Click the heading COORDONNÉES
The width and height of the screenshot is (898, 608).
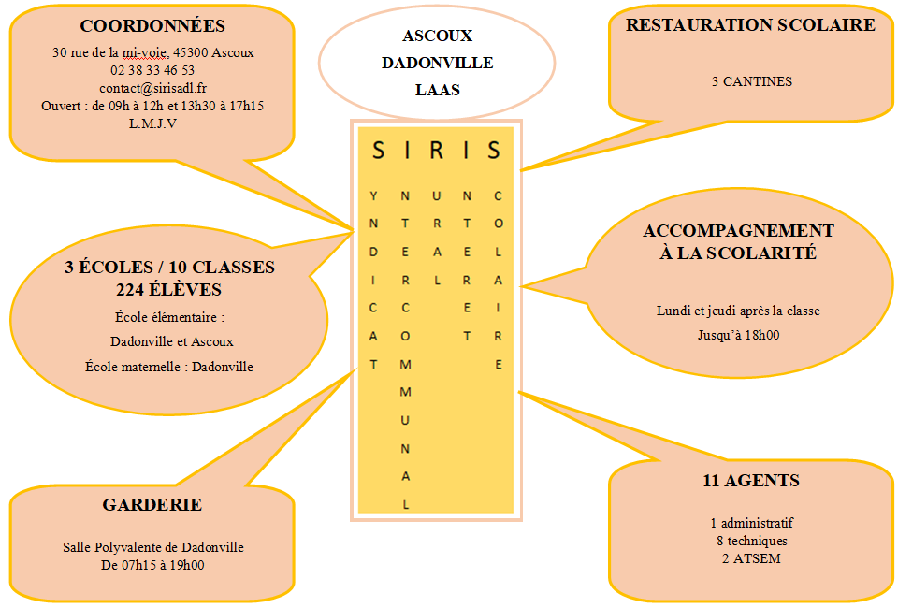click(152, 26)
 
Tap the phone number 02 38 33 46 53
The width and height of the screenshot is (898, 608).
click(152, 70)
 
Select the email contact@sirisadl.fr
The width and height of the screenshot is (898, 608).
click(152, 88)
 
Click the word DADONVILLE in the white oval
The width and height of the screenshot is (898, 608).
click(437, 63)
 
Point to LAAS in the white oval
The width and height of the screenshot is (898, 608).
click(437, 90)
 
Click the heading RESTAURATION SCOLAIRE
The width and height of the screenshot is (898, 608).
click(750, 25)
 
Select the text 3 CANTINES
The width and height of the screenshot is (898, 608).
click(751, 81)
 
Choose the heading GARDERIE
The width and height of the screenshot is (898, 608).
click(152, 505)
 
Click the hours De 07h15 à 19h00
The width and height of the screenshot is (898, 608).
click(152, 565)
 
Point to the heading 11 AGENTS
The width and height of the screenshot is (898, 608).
click(751, 482)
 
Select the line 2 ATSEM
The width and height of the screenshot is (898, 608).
click(751, 559)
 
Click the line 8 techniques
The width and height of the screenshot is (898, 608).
click(751, 541)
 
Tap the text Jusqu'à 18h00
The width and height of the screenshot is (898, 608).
click(738, 334)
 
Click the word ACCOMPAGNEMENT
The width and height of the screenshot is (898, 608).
click(738, 231)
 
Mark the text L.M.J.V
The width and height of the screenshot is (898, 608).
click(152, 123)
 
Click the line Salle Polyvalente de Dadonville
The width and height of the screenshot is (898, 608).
click(152, 547)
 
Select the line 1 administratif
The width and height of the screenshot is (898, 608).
click(751, 523)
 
